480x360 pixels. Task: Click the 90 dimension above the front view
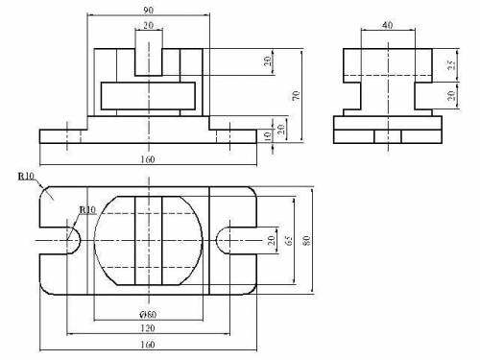point(148,10)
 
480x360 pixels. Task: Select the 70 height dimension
point(297,95)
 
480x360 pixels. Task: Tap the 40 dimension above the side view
point(388,25)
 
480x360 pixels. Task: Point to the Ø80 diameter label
point(148,315)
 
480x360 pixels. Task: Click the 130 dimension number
point(148,328)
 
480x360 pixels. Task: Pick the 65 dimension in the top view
point(289,240)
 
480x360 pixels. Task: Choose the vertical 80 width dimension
point(306,240)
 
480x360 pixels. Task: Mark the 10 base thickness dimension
point(268,135)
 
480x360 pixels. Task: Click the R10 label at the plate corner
point(26,177)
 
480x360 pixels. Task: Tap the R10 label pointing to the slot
point(87,210)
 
